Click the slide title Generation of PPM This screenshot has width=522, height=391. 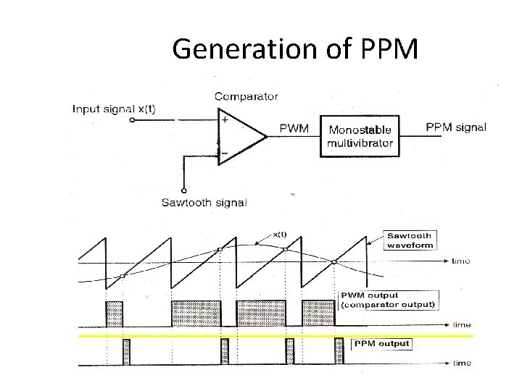coord(295,49)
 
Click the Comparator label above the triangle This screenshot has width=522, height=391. coord(246,96)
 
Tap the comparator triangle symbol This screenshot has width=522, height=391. coord(239,138)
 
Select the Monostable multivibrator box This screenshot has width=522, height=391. coord(360,136)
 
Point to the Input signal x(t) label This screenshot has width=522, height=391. coord(114,109)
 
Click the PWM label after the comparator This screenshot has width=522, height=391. coord(294,129)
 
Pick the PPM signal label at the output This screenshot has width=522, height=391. coord(455,127)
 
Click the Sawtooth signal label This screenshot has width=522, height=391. coord(204,202)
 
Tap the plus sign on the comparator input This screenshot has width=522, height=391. coord(225,120)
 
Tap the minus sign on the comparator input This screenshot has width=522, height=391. coord(225,154)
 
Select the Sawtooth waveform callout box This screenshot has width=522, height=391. coord(410,240)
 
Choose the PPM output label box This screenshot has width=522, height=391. coord(381,344)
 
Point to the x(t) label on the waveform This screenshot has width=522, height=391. coord(280,234)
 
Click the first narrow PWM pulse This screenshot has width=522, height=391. coord(115,314)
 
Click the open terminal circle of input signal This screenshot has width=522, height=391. coord(131,122)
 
